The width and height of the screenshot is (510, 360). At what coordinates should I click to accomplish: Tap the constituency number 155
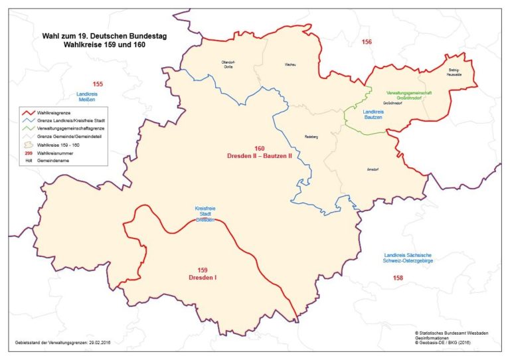98,84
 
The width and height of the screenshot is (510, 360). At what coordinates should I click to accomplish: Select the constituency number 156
367,43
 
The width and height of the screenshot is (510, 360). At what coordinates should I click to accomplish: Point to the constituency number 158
397,278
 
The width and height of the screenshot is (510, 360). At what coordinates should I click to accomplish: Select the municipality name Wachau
289,64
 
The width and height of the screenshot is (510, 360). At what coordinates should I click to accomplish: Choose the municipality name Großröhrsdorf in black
396,104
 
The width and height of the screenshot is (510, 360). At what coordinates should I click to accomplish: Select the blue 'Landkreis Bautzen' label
376,116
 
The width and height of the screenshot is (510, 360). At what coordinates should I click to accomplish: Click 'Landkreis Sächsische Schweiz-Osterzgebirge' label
409,258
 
